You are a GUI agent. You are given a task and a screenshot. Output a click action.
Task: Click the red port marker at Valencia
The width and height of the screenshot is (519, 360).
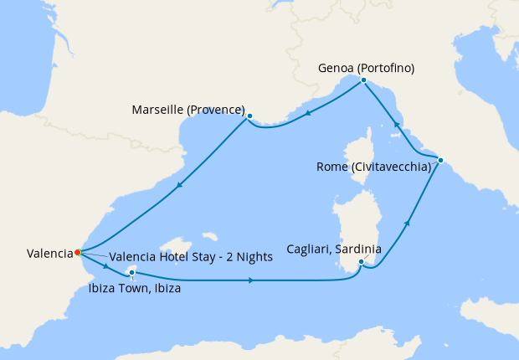pos(77,252)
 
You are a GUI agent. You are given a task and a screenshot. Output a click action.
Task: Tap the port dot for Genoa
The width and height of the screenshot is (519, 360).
pos(363,80)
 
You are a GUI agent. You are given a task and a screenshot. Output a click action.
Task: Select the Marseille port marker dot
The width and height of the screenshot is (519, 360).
pos(249,116)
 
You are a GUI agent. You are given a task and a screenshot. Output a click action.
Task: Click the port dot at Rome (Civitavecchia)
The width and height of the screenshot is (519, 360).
pos(440,160)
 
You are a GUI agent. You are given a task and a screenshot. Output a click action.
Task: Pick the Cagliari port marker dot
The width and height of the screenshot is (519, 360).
pos(361,263)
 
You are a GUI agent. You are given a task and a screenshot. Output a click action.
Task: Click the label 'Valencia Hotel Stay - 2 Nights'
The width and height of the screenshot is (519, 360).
pos(191,257)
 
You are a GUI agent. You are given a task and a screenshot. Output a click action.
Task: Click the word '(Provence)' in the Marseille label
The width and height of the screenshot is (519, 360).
pos(216,110)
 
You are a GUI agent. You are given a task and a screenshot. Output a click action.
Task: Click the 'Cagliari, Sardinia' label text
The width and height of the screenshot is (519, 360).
pos(334,249)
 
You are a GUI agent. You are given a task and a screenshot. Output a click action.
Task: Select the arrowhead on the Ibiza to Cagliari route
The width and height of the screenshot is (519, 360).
pos(251,280)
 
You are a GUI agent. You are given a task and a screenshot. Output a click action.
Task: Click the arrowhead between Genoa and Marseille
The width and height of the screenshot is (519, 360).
pos(308,115)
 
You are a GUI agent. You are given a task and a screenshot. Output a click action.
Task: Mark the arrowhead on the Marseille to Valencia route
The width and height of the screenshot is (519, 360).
pos(177,188)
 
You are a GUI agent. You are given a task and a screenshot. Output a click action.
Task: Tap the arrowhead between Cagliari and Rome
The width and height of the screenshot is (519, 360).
pos(408,223)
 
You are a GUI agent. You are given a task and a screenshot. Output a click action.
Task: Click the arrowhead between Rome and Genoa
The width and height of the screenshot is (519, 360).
pos(396,124)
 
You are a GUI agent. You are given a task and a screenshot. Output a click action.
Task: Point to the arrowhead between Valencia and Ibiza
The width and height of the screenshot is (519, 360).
pos(106,267)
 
